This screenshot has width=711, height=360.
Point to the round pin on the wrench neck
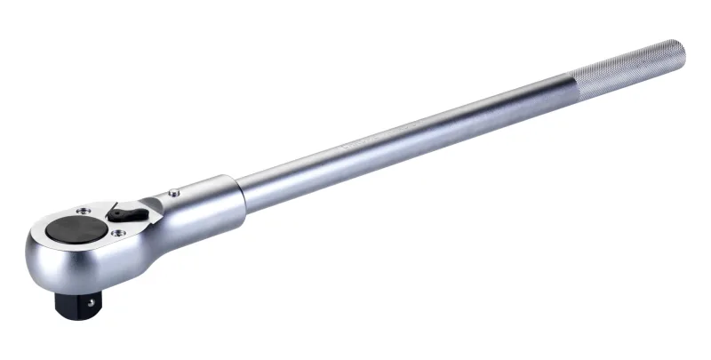(x=175, y=190)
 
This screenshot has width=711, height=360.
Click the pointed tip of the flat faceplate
(x=161, y=202)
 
